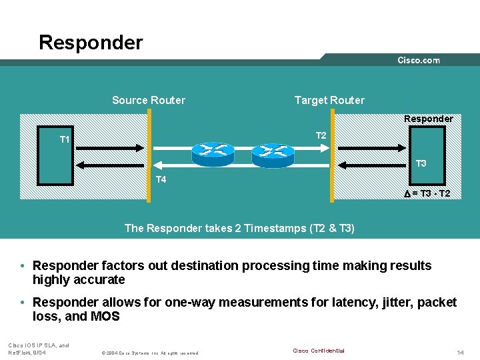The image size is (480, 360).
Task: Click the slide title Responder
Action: click(91, 43)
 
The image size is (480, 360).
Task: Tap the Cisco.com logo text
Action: click(419, 61)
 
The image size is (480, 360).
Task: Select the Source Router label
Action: click(149, 101)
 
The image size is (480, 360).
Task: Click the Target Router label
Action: click(329, 101)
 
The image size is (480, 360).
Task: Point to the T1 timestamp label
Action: click(65, 139)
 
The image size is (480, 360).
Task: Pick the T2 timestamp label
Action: click(321, 135)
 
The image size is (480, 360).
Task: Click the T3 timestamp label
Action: click(421, 163)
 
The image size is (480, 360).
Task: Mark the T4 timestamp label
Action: click(161, 179)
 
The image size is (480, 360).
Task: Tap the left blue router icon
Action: click(213, 153)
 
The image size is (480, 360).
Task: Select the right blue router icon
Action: click(273, 155)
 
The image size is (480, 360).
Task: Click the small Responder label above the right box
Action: click(428, 119)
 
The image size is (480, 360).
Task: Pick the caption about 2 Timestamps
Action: click(239, 228)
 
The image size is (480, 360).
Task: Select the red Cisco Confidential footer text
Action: click(319, 351)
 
